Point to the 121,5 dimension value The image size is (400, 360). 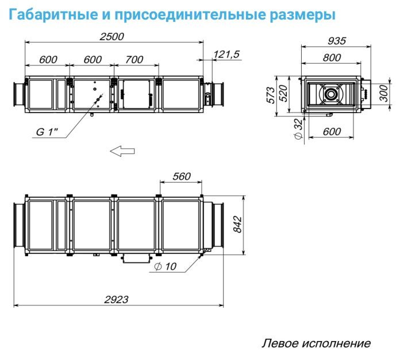(x=226, y=54)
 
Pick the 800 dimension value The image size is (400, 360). (x=332, y=57)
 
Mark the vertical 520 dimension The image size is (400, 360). (x=282, y=94)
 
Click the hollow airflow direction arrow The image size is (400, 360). (x=122, y=151)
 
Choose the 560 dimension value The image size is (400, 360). (x=180, y=177)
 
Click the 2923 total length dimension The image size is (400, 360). (x=116, y=299)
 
